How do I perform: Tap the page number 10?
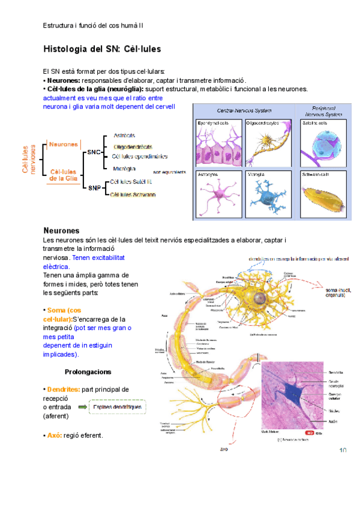pyautogui.click(x=344, y=450)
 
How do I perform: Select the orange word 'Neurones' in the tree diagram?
pyautogui.click(x=64, y=145)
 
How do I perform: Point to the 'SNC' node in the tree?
pyautogui.click(x=94, y=152)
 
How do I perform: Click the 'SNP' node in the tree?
pyautogui.click(x=94, y=187)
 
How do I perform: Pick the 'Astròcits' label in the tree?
pyautogui.click(x=124, y=135)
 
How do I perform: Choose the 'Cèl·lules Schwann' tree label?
pyautogui.click(x=133, y=194)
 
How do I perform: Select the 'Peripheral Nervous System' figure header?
pyautogui.click(x=322, y=110)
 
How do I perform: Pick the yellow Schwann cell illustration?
pyautogui.click(x=321, y=197)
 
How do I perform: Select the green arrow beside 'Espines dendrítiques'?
pyautogui.click(x=79, y=408)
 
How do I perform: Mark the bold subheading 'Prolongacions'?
pyautogui.click(x=88, y=372)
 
